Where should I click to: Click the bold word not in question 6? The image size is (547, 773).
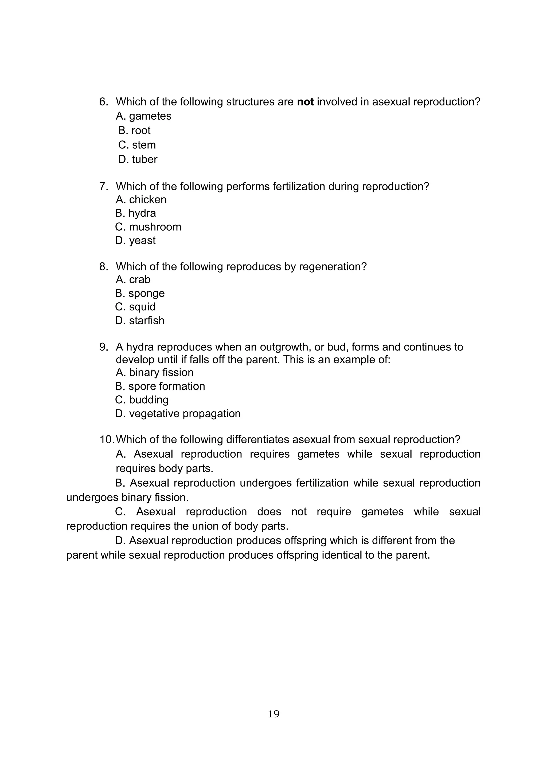pos(305,102)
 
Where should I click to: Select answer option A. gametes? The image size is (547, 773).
pos(143,116)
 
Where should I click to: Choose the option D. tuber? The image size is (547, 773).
pos(138,159)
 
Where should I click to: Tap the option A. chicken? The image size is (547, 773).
pos(141,200)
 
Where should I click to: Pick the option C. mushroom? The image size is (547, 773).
pos(148,227)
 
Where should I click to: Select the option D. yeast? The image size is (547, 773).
pos(135,240)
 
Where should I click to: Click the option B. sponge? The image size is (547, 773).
pos(140,293)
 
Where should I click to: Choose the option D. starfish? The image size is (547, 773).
pos(140,321)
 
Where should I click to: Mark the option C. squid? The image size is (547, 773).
pos(135,307)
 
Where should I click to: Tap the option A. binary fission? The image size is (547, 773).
pos(155,373)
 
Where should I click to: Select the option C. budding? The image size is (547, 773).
pos(142,400)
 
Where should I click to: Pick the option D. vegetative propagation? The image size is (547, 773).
pos(178,413)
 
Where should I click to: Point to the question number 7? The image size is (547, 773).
pos(103,187)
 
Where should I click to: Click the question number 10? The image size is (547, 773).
pos(107,440)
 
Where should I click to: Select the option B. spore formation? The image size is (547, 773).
pos(160,386)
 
